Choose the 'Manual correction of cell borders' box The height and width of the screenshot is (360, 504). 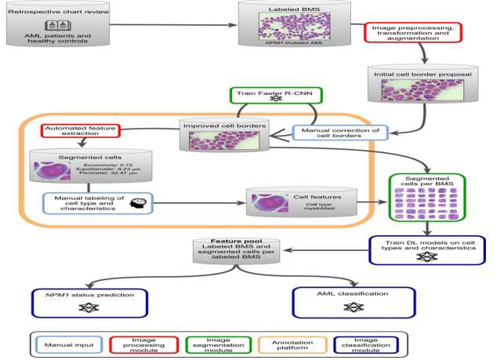pyautogui.click(x=332, y=134)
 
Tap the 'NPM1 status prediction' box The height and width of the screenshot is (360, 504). pyautogui.click(x=85, y=301)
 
